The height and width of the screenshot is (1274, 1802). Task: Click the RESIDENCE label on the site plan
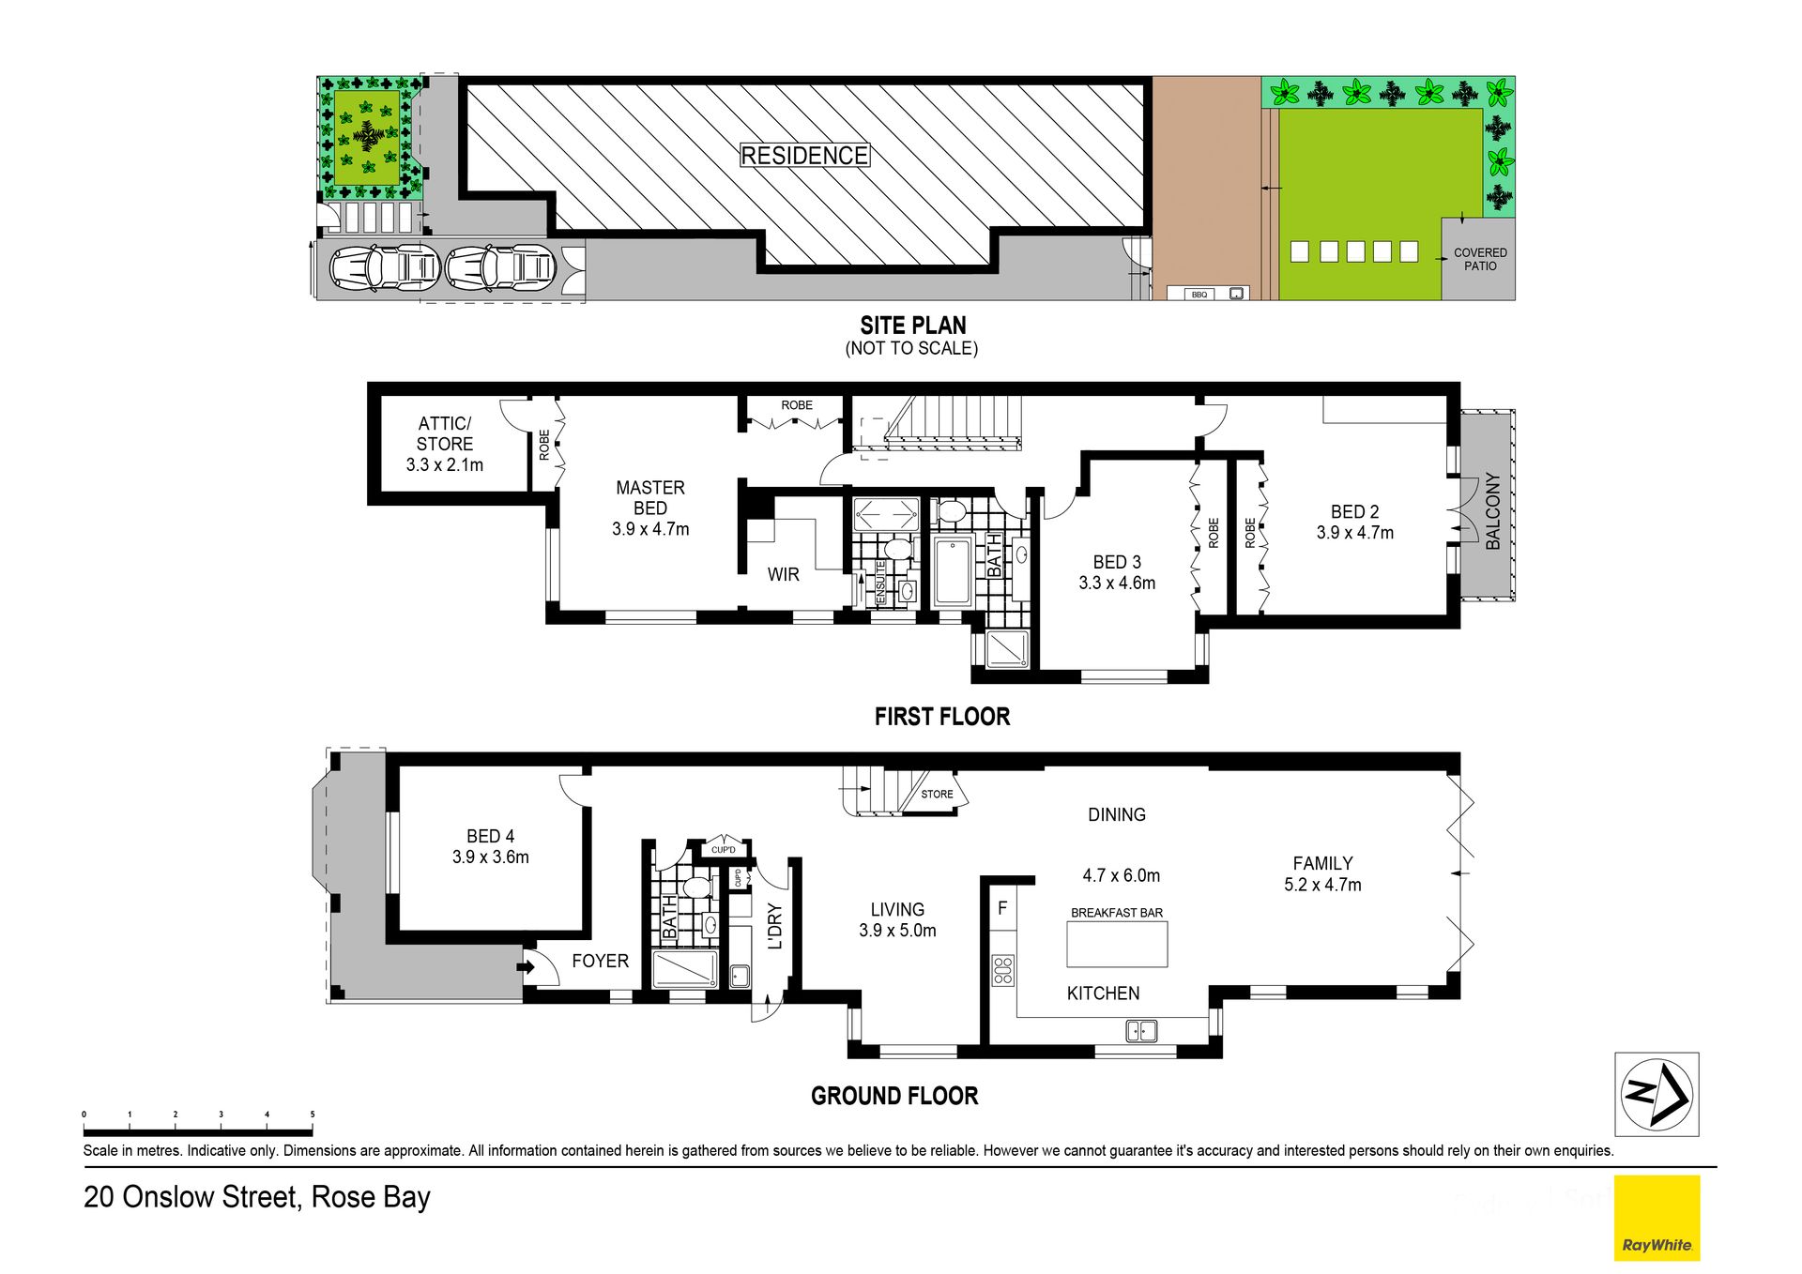804,156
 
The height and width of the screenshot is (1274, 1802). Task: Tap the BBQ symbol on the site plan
1199,294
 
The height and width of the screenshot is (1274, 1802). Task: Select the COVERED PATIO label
1480,259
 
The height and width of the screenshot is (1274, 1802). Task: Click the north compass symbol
1657,1093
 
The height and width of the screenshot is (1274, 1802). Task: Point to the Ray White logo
1657,1218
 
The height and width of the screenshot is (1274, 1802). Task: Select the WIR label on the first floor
783,574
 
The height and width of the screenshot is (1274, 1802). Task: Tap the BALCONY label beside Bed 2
1492,510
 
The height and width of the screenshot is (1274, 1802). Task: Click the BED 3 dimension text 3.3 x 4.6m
1117,583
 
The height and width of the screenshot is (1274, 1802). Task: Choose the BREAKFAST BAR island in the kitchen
1117,944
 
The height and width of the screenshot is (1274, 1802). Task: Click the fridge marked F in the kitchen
1002,907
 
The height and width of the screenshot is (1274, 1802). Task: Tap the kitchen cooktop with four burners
1003,970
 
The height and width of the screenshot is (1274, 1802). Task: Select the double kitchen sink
1141,1031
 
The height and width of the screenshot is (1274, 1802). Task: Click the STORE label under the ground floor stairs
937,794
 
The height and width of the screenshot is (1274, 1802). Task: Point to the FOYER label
600,961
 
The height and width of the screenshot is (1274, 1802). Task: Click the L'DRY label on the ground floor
775,926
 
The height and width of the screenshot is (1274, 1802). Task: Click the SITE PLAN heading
913,326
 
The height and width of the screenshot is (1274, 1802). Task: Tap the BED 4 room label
490,836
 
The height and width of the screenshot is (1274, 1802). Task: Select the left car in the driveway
385,267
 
